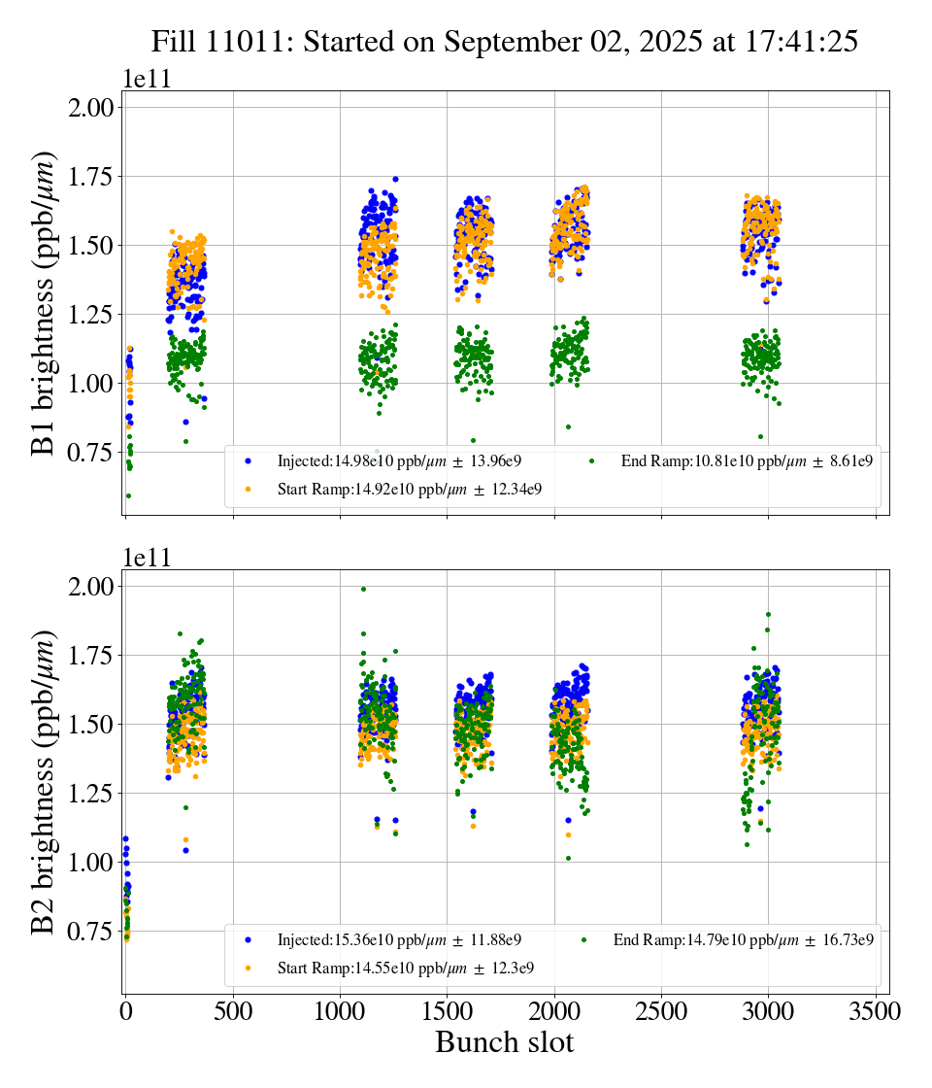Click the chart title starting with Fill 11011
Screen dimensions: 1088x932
(504, 42)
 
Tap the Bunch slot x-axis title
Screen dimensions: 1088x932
(504, 1042)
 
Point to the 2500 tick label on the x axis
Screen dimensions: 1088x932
(661, 1010)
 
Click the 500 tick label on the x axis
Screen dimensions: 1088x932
(233, 1010)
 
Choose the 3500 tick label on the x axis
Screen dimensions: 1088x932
(876, 1010)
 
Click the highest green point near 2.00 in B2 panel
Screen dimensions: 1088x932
(363, 589)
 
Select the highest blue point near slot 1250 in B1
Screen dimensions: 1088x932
(395, 179)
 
